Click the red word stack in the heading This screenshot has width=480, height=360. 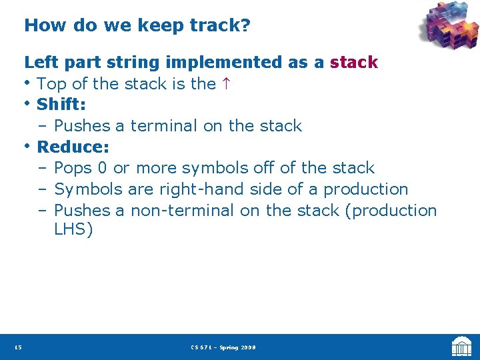point(353,63)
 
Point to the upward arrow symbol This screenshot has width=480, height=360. point(226,84)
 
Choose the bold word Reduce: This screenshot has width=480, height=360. point(73,147)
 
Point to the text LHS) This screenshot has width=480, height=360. point(73,231)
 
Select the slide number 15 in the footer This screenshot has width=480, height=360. point(17,347)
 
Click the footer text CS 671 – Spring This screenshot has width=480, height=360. point(212,347)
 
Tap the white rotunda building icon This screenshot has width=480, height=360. point(461,347)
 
